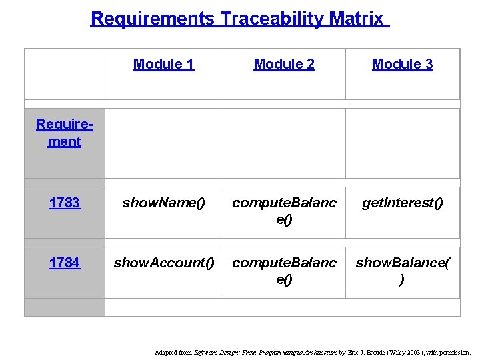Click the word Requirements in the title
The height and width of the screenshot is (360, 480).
point(152,19)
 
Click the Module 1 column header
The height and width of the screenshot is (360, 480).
point(163,64)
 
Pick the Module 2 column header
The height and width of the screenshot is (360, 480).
point(284,64)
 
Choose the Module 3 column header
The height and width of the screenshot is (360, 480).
point(402,64)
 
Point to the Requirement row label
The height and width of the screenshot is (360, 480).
point(65,133)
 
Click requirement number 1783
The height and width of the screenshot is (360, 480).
point(65,203)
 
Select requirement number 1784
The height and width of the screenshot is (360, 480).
point(65,263)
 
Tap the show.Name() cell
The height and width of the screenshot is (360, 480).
point(163,203)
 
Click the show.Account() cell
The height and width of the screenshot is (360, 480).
point(164,263)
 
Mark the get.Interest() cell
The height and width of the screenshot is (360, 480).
point(402,203)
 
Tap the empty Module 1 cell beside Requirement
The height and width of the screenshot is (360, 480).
point(163,143)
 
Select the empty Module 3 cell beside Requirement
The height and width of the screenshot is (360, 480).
point(402,143)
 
